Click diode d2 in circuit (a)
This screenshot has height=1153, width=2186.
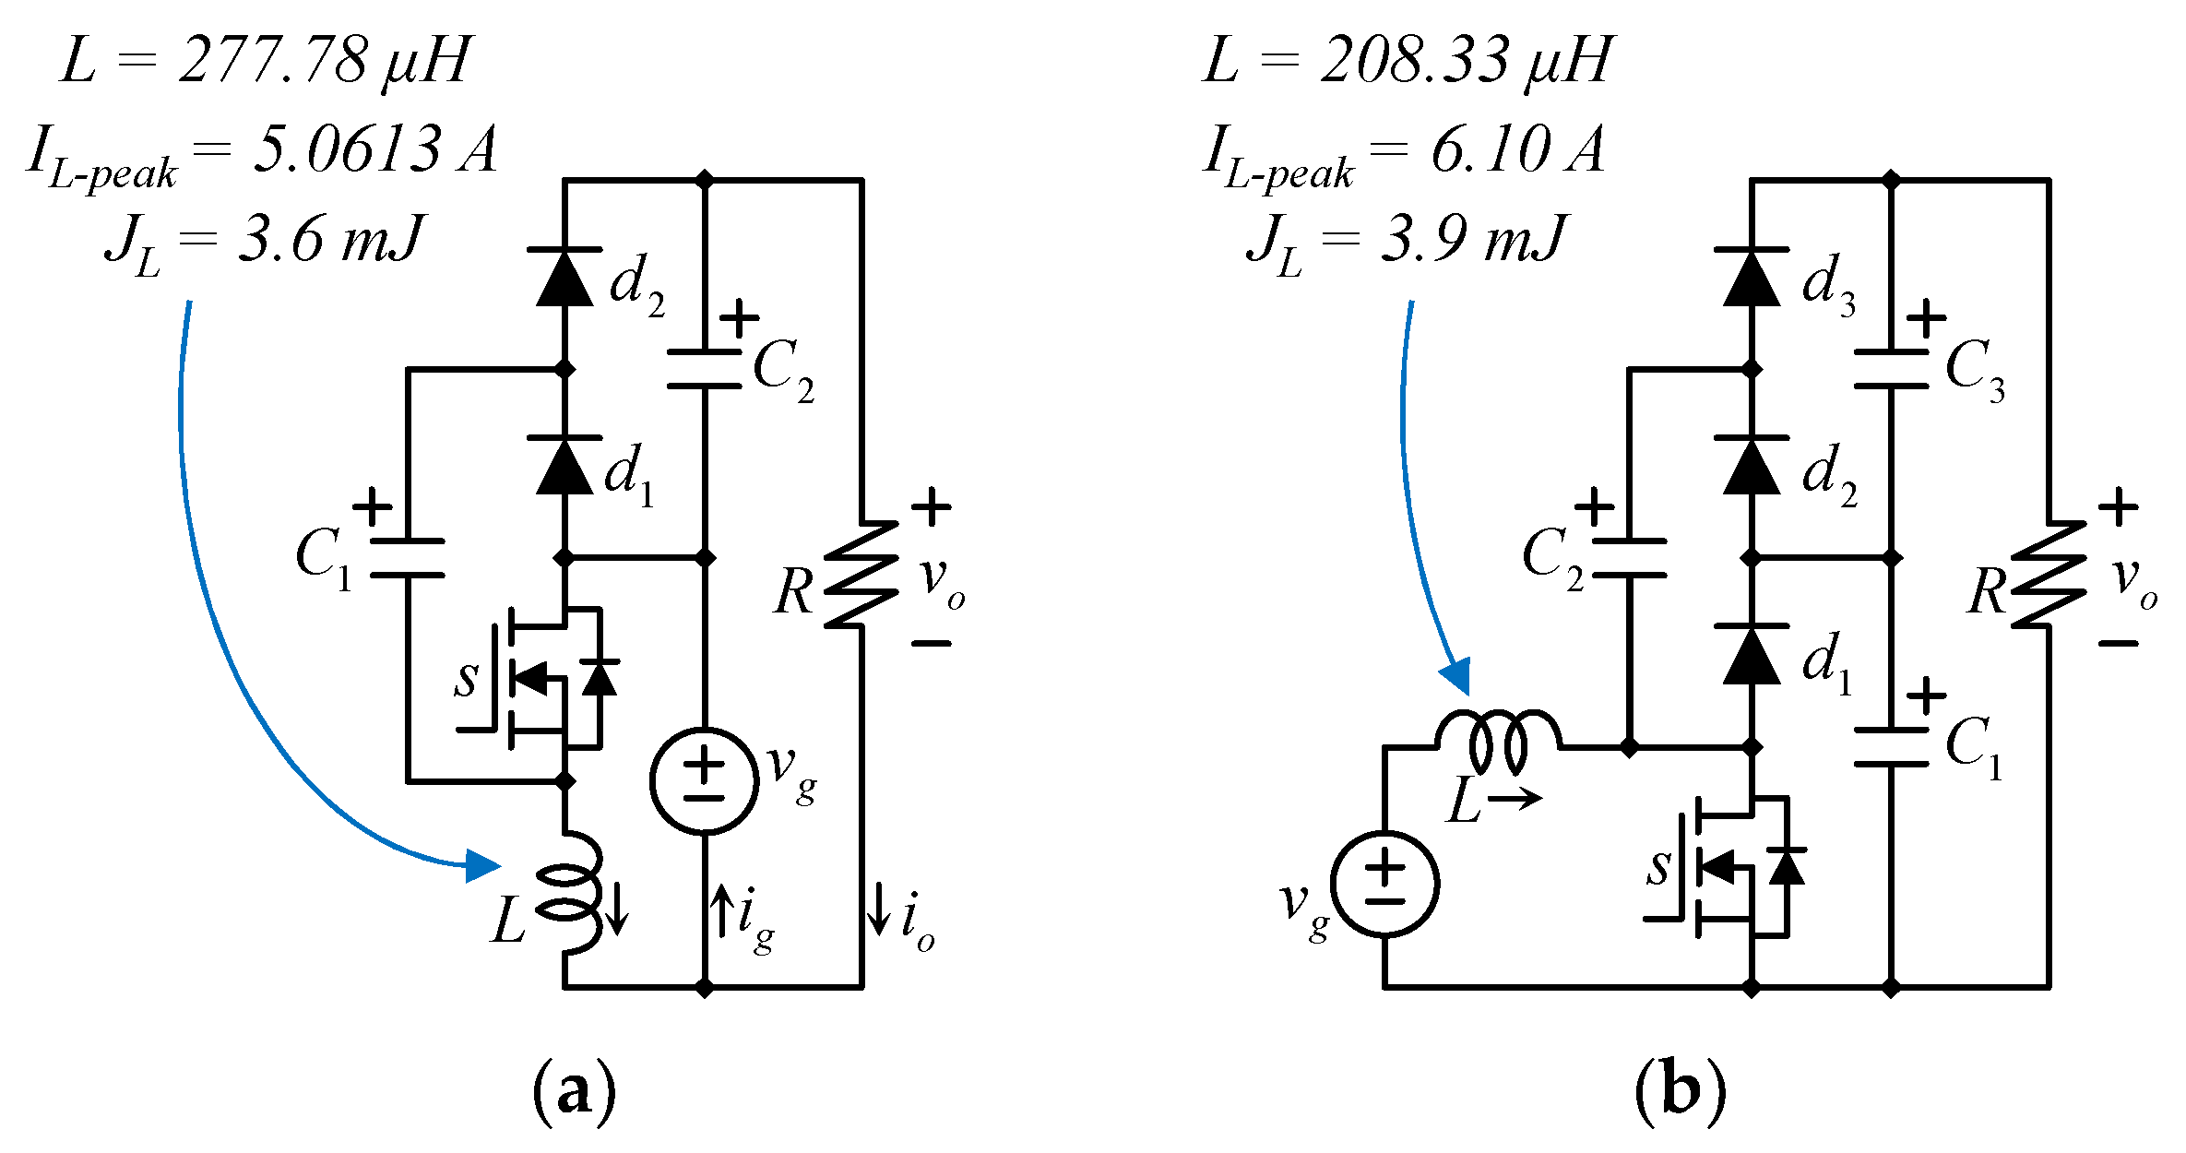pos(564,277)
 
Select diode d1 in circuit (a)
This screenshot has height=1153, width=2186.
pos(564,466)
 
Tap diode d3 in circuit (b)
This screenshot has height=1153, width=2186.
pos(1751,277)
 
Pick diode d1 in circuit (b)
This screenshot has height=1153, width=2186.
pos(1751,655)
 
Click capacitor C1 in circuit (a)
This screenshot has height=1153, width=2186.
pos(407,558)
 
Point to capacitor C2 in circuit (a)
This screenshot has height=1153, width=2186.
pos(704,369)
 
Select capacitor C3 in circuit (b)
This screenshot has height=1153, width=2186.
pos(1891,369)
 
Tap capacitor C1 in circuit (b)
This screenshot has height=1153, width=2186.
pos(1891,747)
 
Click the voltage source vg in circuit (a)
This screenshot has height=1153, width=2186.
pos(704,781)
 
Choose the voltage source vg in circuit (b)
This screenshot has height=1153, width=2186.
pos(1384,884)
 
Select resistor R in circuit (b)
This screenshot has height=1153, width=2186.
pos(2048,575)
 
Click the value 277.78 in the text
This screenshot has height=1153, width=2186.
pos(273,61)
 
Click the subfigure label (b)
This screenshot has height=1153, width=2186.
pos(1680,1091)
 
